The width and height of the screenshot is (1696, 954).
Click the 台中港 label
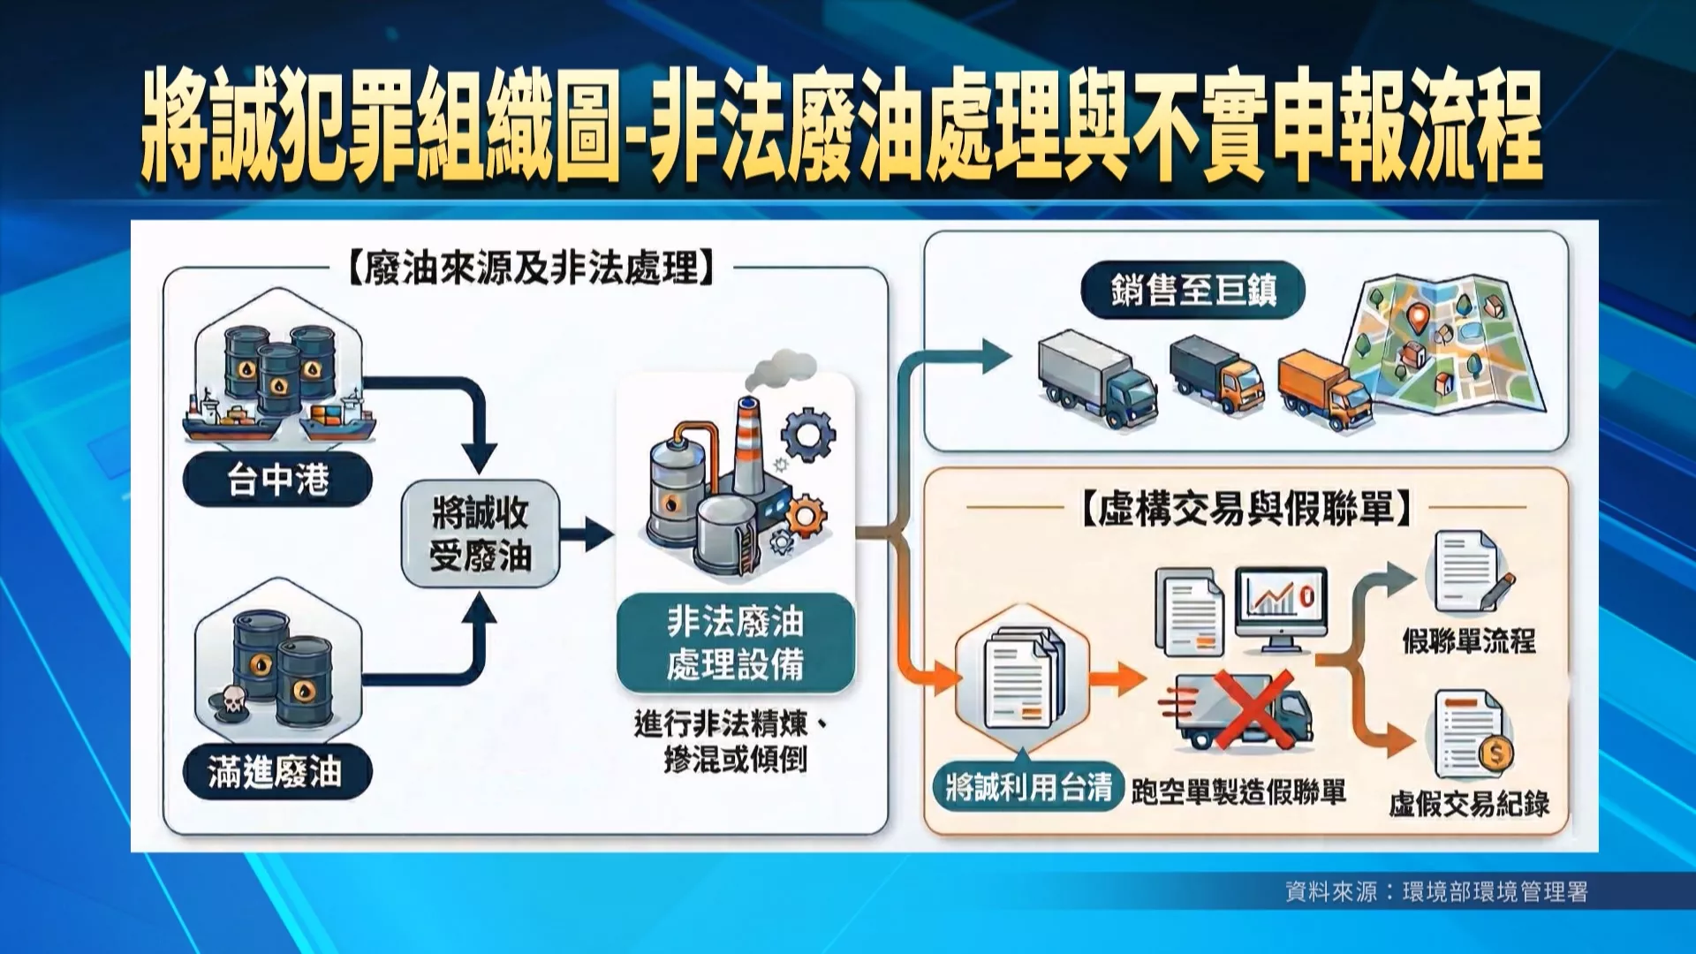[x=277, y=481]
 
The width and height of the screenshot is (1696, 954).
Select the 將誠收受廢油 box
[x=481, y=534]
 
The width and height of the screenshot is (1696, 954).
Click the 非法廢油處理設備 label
[x=736, y=643]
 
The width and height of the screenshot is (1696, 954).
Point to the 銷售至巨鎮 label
[x=1193, y=290]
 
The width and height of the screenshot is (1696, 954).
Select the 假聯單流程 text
[x=1469, y=640]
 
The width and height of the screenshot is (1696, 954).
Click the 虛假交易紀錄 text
[x=1469, y=804]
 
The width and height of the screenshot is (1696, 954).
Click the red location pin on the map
[x=1418, y=316]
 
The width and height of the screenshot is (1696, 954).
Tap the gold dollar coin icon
[x=1496, y=753]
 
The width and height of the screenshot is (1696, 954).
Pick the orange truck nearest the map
[x=1325, y=390]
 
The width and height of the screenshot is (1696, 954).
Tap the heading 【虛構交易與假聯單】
[x=1246, y=508]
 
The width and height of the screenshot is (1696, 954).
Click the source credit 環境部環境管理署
[x=1495, y=892]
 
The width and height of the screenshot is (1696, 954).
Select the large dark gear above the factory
[x=808, y=434]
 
